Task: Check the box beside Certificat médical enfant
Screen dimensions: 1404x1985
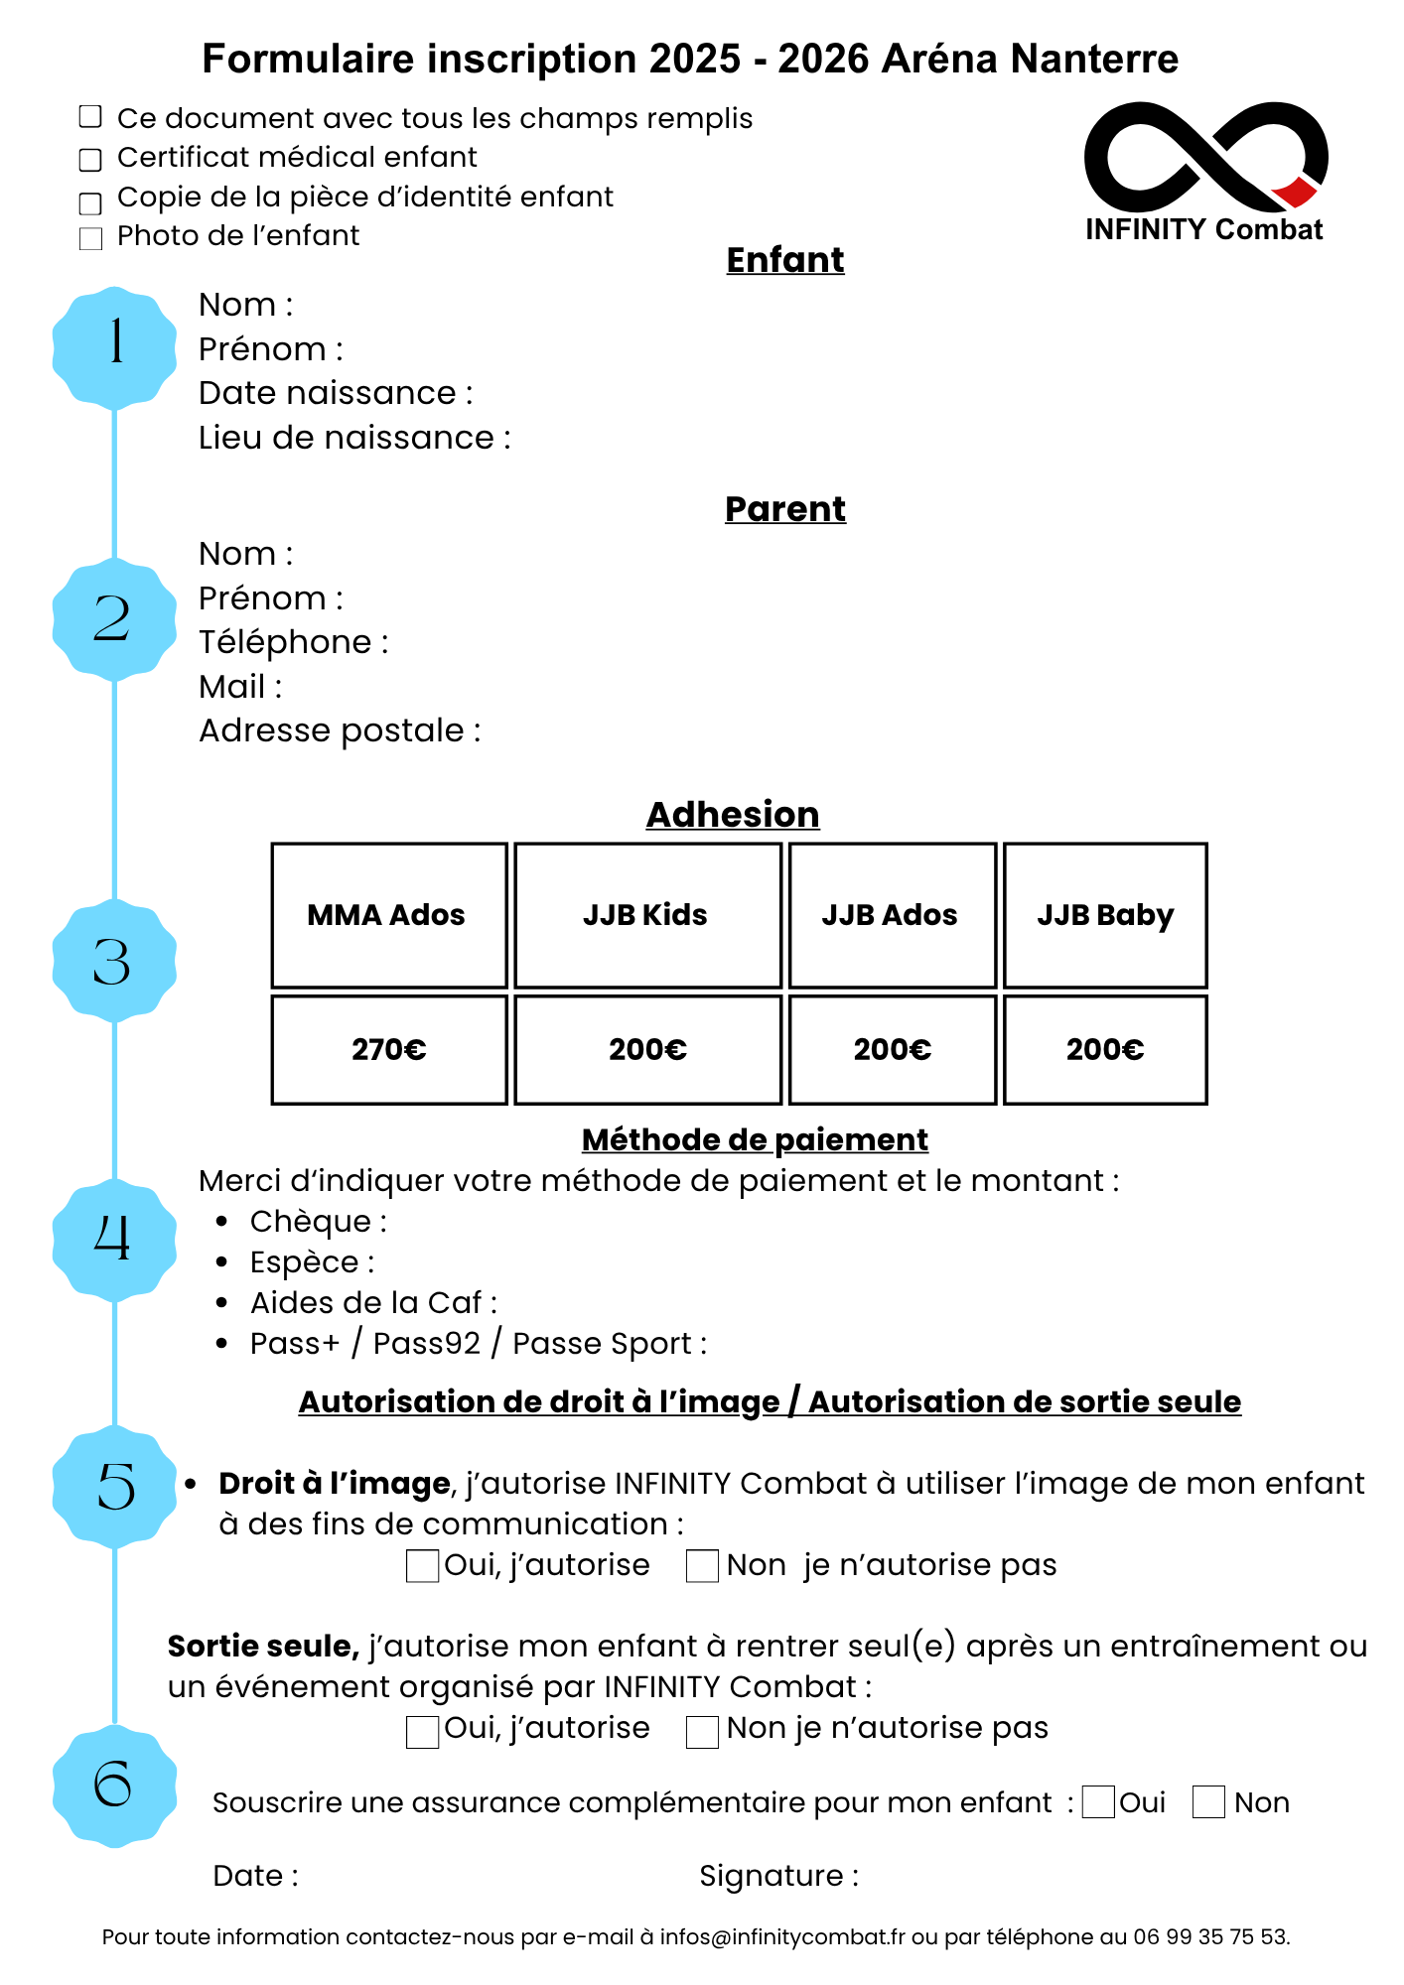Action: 90,159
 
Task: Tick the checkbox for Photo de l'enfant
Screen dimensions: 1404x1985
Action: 90,238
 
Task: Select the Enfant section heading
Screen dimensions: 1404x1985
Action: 785,260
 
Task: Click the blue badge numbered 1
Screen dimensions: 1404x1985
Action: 114,347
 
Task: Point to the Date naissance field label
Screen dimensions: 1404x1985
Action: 336,393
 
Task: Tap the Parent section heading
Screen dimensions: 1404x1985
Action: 785,509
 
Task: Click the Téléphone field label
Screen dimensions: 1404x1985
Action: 294,642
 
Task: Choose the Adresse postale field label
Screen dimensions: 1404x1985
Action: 340,731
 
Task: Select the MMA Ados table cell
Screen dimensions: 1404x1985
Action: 389,915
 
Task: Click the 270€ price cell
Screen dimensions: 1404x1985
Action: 389,1050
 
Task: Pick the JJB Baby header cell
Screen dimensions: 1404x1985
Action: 1105,915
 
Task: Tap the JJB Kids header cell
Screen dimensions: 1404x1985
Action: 647,915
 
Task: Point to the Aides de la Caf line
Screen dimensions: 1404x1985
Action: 373,1303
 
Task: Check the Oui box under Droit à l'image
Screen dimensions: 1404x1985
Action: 423,1566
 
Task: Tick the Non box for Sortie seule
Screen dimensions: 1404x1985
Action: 703,1731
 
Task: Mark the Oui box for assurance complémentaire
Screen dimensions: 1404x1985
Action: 1098,1802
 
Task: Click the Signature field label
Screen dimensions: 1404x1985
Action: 778,1876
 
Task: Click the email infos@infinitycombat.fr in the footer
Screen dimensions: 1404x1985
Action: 782,1937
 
